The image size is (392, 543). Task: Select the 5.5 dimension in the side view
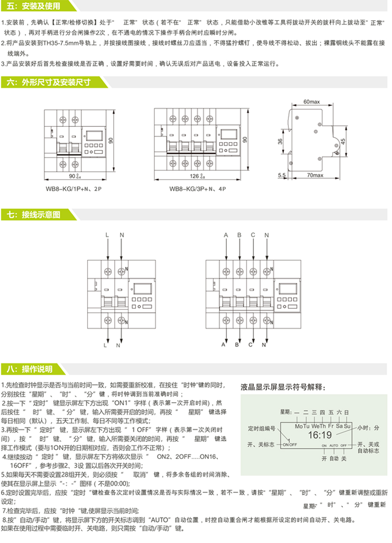(x=282, y=175)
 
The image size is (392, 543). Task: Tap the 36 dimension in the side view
(x=280, y=142)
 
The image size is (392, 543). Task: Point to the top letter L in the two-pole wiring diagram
(x=108, y=235)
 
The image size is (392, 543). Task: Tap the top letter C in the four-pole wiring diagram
(x=253, y=235)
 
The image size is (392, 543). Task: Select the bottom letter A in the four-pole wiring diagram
(x=223, y=344)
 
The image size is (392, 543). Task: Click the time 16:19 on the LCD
(x=320, y=435)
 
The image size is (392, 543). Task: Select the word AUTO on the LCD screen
(x=334, y=446)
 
